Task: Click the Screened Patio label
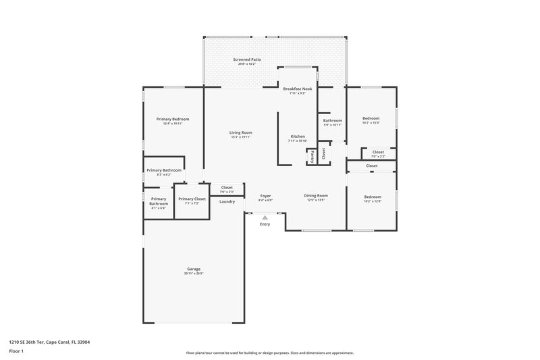point(247,59)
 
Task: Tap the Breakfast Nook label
point(298,89)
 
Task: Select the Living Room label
point(241,132)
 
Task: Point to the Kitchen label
point(298,136)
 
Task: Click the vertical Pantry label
point(312,155)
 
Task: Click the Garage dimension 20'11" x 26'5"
point(194,274)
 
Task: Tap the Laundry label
point(227,201)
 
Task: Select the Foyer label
point(265,196)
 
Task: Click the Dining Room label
point(316,196)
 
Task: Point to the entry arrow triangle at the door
point(265,217)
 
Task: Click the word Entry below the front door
point(265,224)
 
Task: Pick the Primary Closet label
point(192,199)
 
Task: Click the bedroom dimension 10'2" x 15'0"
point(371,123)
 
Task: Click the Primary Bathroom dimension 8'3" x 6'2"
point(164,175)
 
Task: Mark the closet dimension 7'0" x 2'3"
point(227,192)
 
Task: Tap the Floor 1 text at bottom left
point(16,352)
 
